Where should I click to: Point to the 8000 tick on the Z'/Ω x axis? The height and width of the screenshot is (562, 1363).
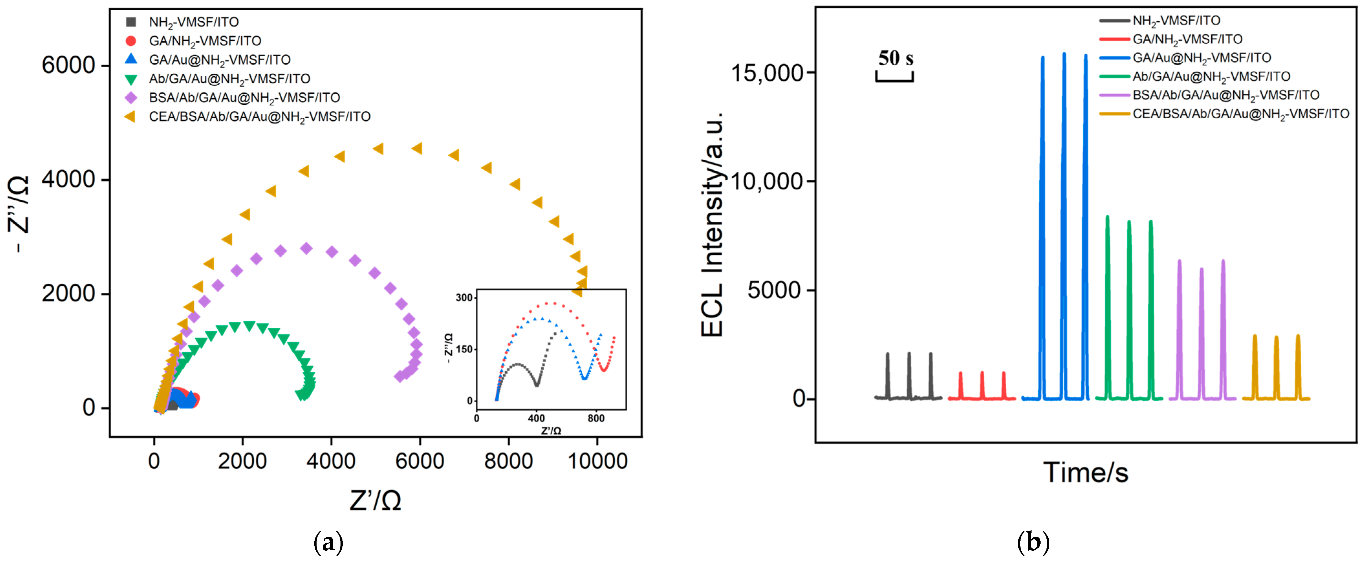[x=508, y=461]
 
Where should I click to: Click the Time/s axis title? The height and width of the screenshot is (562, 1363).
[x=1085, y=472]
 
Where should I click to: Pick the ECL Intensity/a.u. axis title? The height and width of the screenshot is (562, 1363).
[x=712, y=224]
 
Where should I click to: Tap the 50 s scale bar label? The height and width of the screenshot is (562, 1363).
[x=895, y=58]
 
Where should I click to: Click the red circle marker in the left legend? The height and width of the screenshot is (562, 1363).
[x=131, y=41]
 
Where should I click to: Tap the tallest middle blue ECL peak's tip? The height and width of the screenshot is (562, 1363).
[x=1064, y=53]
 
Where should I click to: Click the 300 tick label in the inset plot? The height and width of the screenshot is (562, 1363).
[x=464, y=298]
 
